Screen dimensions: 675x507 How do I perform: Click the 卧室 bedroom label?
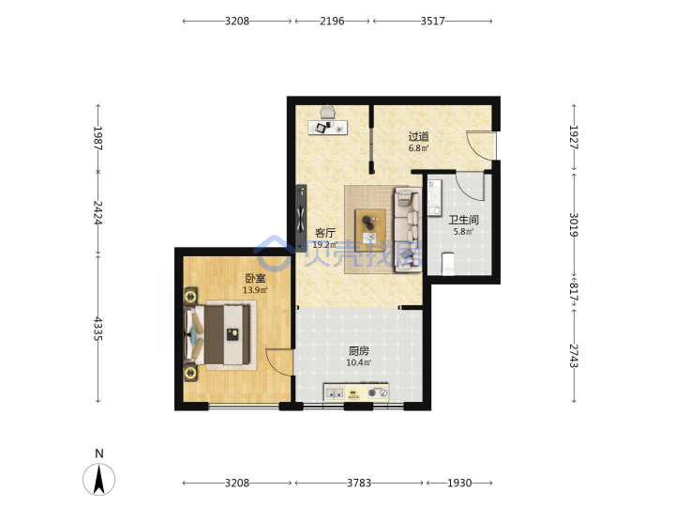[x=255, y=279]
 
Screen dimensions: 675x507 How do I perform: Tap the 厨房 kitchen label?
[x=358, y=351]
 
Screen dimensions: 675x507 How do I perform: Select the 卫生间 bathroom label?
[x=463, y=220]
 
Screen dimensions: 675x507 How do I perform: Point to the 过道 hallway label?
[x=418, y=137]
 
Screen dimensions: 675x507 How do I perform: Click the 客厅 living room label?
[x=325, y=233]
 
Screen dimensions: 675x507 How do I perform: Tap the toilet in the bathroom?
[x=448, y=264]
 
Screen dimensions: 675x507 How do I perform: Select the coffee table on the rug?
[x=370, y=229]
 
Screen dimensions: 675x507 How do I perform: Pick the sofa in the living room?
[x=408, y=230]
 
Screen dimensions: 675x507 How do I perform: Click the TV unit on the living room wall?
[x=301, y=218]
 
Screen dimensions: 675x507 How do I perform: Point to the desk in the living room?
[x=327, y=127]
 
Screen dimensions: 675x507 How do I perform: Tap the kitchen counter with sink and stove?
[x=356, y=392]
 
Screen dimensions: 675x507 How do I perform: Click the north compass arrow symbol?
[x=99, y=479]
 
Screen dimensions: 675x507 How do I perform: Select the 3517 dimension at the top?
[x=432, y=21]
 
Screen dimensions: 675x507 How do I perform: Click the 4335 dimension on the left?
[x=98, y=329]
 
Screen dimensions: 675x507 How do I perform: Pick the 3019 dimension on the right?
[x=574, y=224]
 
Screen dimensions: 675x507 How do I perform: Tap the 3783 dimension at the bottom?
[x=359, y=483]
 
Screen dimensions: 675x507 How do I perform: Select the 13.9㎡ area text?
[x=255, y=290]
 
